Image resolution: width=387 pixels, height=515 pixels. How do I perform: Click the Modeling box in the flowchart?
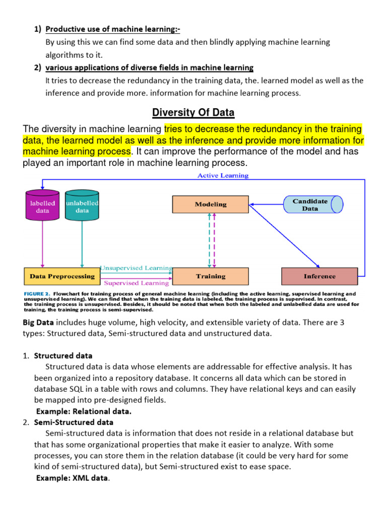tap(211, 204)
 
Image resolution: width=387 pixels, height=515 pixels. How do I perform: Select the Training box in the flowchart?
tap(211, 276)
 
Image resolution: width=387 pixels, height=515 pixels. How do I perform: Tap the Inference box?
tap(319, 276)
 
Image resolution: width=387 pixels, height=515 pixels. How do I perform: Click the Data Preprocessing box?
tap(62, 276)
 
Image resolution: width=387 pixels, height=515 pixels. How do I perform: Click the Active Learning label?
tap(222, 176)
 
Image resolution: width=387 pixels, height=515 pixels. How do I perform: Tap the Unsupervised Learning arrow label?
tap(136, 269)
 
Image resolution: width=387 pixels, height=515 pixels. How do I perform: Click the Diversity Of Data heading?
tap(193, 112)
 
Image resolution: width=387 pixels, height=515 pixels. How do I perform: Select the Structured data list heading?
tap(63, 356)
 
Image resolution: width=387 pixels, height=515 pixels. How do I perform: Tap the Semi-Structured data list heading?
tap(74, 422)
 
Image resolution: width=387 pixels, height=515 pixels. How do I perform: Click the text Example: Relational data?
tap(83, 411)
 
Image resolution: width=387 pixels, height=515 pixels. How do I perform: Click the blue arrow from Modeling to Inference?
tap(285, 234)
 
